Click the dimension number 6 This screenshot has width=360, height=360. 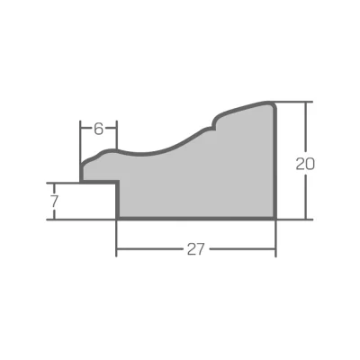98,129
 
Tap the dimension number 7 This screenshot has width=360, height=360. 54,202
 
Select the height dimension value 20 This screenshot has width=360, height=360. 305,164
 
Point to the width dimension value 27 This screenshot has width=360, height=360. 195,249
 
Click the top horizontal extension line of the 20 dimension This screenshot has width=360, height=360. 294,102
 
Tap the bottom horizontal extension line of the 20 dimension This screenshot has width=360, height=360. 295,220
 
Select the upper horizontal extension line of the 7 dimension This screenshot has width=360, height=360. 63,183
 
